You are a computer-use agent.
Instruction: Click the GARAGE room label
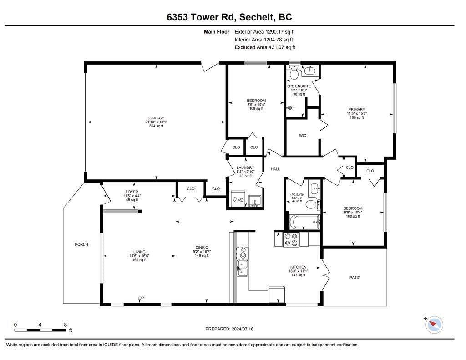[156, 118]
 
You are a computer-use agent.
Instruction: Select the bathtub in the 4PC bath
[305, 222]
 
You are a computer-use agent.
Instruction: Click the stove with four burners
[291, 239]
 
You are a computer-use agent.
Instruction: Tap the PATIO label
[355, 278]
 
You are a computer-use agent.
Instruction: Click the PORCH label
[81, 244]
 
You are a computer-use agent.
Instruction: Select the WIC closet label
[303, 136]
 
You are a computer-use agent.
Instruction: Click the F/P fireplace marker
[141, 298]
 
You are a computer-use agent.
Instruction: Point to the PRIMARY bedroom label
[357, 109]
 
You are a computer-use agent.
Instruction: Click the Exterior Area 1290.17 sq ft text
[264, 32]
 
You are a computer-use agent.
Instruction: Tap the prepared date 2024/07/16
[242, 329]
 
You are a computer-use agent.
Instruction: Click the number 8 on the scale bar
[66, 325]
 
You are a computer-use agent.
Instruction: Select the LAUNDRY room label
[245, 167]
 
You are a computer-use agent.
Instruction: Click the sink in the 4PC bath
[314, 188]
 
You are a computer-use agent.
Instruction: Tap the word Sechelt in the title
[257, 17]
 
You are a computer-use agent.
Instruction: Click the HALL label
[275, 169]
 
